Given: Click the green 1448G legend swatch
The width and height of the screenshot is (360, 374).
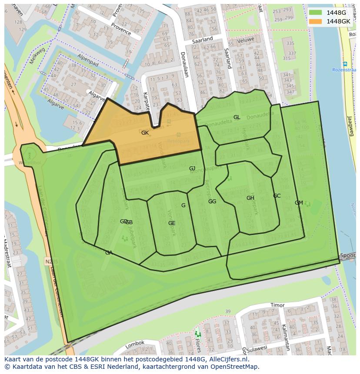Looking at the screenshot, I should pyautogui.click(x=316, y=13).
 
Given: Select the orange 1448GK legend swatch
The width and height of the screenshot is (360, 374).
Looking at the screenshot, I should pyautogui.click(x=316, y=21).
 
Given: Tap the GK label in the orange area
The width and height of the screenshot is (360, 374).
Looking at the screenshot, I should pyautogui.click(x=145, y=133).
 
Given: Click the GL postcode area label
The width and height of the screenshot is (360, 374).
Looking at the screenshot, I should pyautogui.click(x=237, y=117).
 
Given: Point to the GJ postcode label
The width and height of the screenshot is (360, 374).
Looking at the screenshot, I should pyautogui.click(x=192, y=169).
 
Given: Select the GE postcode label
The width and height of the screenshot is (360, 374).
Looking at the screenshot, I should pyautogui.click(x=172, y=223).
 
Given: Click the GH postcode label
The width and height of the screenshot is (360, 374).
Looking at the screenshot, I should pyautogui.click(x=250, y=198).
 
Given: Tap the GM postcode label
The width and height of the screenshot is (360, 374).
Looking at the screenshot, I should pyautogui.click(x=299, y=203).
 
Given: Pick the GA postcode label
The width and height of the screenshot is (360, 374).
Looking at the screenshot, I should pyautogui.click(x=109, y=253).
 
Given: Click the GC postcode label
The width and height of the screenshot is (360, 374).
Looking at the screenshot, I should pyautogui.click(x=277, y=196).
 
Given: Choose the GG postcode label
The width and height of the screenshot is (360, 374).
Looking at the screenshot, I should pyautogui.click(x=212, y=202).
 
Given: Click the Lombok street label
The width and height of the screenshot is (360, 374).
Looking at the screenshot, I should pyautogui.click(x=134, y=344).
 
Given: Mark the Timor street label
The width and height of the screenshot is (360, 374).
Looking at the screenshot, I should pyautogui.click(x=277, y=305).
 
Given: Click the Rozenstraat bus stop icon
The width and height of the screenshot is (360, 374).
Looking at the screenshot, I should pyautogui.click(x=345, y=64).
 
